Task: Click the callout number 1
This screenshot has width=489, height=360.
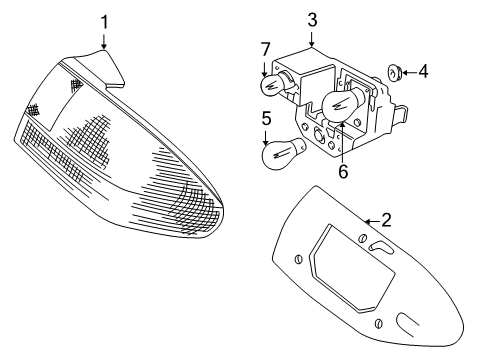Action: (x=103, y=20)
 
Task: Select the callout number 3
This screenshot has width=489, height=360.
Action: (x=312, y=18)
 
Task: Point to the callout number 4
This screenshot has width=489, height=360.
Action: (x=423, y=71)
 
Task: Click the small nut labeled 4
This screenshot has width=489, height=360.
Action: (x=396, y=72)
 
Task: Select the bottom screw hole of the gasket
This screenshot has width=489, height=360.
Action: (x=379, y=323)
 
